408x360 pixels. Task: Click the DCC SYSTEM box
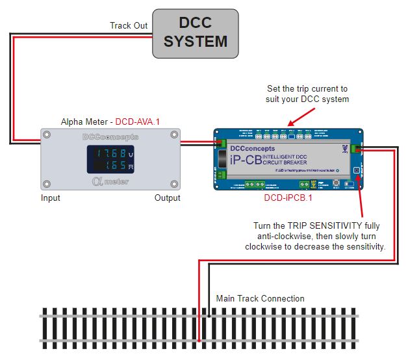click(195, 33)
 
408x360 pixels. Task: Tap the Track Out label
click(129, 25)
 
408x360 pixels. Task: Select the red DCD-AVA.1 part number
click(138, 122)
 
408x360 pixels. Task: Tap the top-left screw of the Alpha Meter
click(45, 135)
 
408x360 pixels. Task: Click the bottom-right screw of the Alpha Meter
click(174, 183)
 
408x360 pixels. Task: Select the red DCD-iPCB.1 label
click(288, 198)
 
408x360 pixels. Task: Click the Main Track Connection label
click(260, 298)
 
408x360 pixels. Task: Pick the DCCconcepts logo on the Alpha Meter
click(110, 137)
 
